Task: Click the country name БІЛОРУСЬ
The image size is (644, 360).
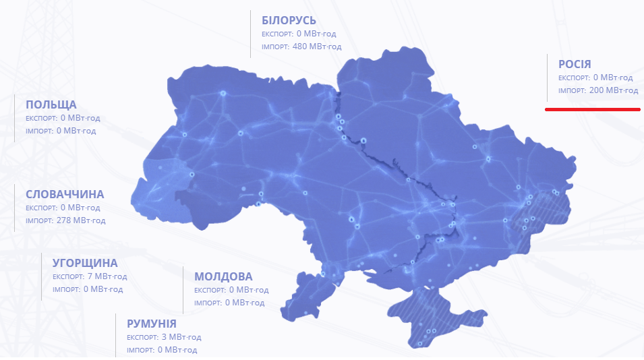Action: (289, 20)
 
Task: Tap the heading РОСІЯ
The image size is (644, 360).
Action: (575, 64)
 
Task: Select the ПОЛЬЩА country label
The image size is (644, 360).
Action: (51, 104)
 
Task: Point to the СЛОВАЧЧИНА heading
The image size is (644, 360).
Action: (65, 194)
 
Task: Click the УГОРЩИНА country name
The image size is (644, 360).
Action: (85, 263)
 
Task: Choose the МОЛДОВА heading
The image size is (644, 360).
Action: (223, 276)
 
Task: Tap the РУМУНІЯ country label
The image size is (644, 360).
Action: (152, 324)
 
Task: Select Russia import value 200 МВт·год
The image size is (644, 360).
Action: (613, 90)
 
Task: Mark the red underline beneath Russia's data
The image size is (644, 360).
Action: (592, 108)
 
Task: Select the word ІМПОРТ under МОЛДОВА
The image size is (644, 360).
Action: (208, 303)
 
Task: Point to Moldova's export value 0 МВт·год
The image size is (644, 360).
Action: (249, 290)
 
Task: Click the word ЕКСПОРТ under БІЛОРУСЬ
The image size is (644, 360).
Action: (276, 34)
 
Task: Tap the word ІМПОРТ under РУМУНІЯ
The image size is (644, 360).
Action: (141, 350)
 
